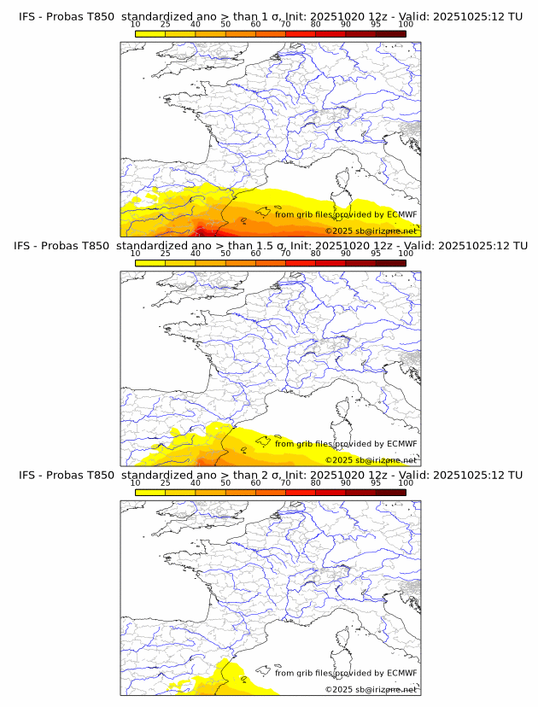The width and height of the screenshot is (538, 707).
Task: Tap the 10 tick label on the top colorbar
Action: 136,25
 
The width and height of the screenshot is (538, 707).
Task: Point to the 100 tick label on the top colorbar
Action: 406,25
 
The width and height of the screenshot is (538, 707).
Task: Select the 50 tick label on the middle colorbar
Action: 225,254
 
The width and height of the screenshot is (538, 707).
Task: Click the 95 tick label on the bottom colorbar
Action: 376,482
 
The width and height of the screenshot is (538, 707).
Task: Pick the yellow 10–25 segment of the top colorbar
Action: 150,33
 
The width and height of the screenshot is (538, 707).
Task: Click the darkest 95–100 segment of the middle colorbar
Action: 390,262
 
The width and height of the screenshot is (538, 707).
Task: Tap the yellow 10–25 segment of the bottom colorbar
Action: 150,491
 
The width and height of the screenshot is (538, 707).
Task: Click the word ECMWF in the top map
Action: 401,214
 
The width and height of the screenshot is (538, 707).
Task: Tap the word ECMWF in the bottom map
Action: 401,673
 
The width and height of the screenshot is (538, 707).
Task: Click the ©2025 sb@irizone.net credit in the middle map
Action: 371,460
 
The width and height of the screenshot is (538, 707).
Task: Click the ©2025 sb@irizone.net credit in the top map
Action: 371,231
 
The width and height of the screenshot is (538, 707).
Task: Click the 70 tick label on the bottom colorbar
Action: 285,482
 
